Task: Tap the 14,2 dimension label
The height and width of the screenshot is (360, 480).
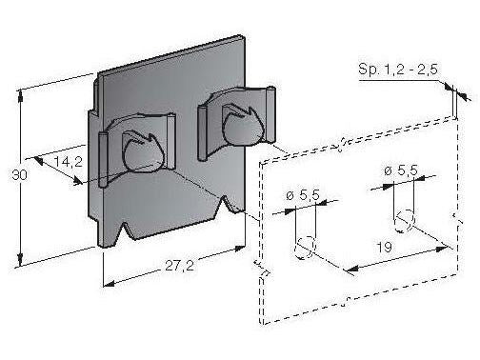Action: click(67, 163)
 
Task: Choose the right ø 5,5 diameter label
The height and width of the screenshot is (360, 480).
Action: click(401, 170)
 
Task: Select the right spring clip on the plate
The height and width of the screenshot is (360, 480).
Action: click(238, 120)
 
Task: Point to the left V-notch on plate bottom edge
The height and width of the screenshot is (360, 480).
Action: click(125, 232)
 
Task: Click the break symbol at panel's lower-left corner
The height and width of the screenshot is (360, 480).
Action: click(256, 264)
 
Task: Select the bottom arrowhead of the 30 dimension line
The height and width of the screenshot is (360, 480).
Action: click(22, 264)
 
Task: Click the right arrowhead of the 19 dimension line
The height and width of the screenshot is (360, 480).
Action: click(446, 247)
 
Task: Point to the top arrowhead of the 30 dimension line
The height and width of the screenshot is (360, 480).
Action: click(22, 93)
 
